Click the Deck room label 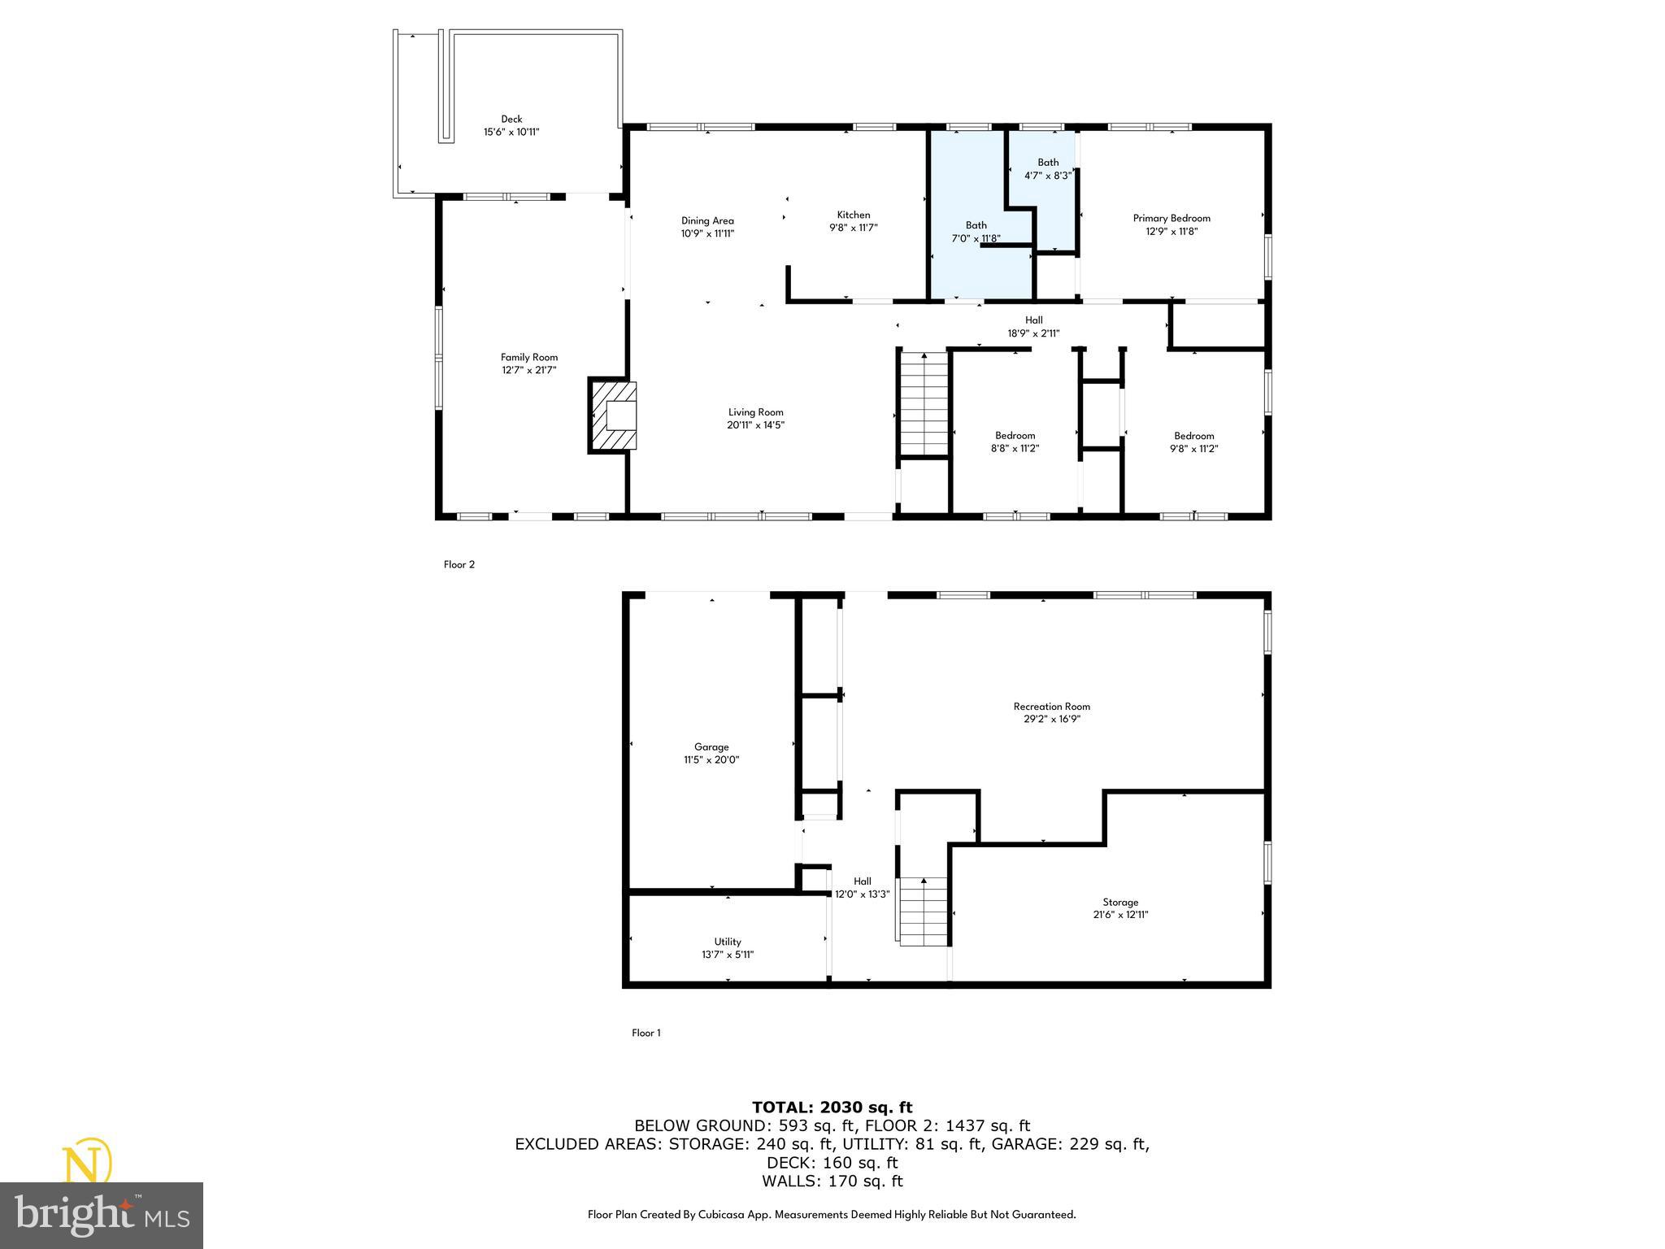[x=511, y=120]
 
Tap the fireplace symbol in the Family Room [x=614, y=415]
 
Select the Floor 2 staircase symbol [x=924, y=403]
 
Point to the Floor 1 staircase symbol [x=924, y=911]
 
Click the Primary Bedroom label [x=1172, y=218]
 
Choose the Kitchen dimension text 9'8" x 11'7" [x=854, y=228]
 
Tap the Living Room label [x=755, y=412]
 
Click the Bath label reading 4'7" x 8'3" [x=1048, y=168]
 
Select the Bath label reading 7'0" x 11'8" [x=976, y=232]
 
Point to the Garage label [x=711, y=746]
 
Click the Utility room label [x=728, y=942]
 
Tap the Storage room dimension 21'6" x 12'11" [x=1120, y=915]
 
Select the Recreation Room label [x=1051, y=706]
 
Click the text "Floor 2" [x=459, y=564]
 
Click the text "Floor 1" [x=646, y=1033]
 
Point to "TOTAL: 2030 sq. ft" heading [x=832, y=1107]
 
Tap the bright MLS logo [x=102, y=1214]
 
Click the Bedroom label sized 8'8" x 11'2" [x=1015, y=442]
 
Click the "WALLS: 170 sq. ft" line [x=832, y=1182]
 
